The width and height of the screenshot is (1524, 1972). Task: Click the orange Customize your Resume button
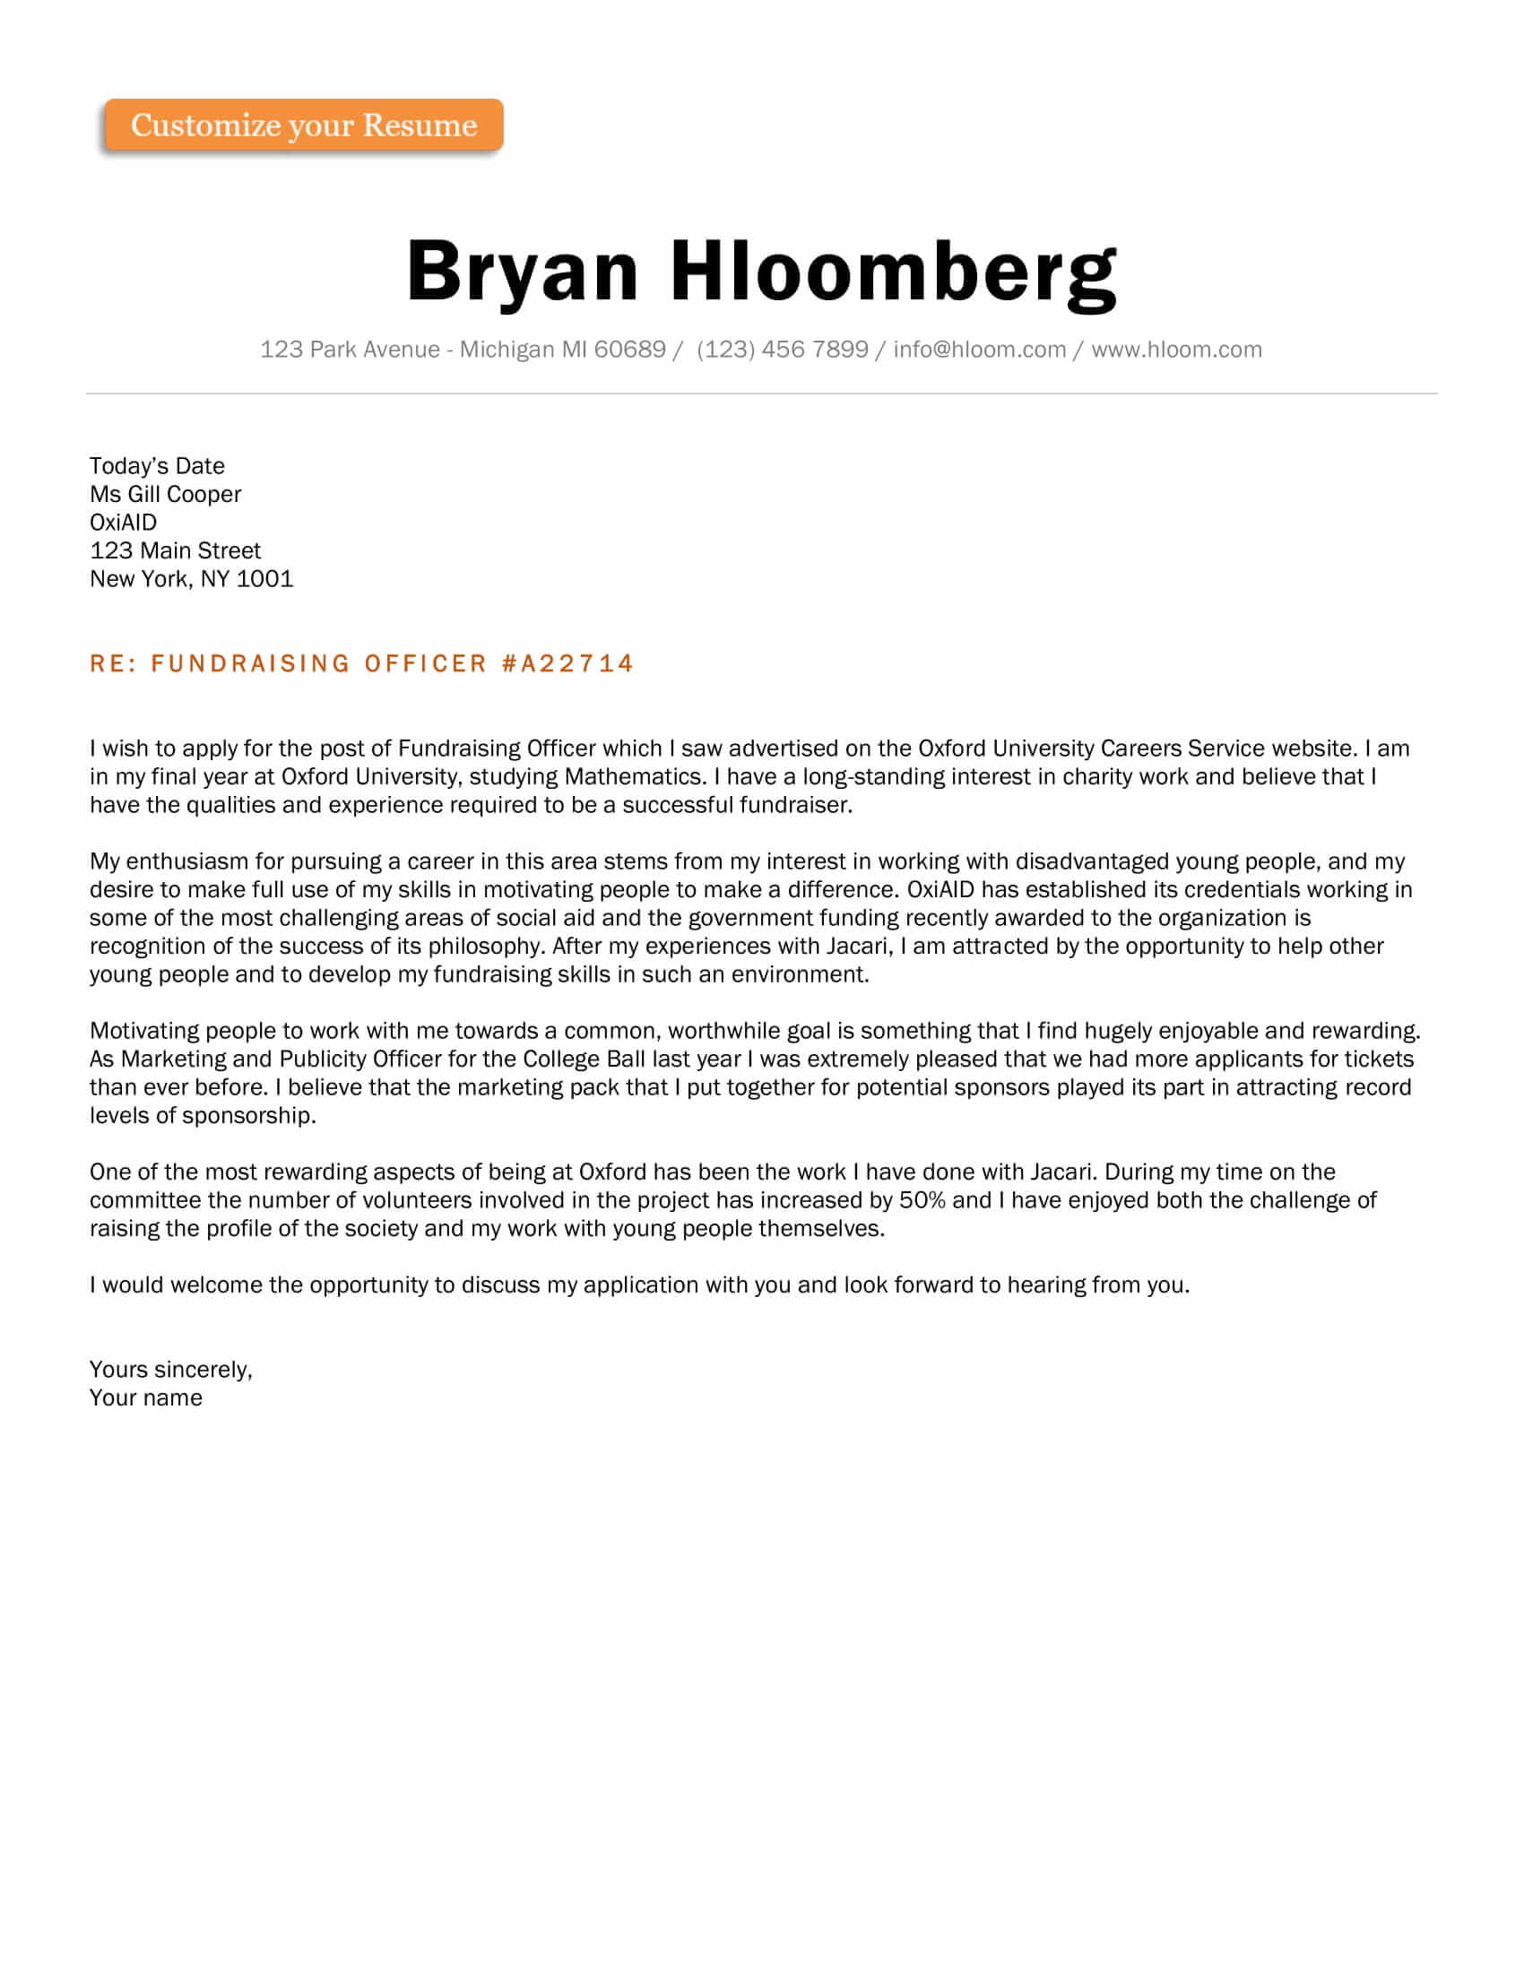coord(303,125)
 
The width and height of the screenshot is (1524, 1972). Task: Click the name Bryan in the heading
coord(523,272)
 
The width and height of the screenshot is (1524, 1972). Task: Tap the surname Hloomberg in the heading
coord(893,272)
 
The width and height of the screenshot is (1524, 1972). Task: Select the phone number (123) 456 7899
coord(782,350)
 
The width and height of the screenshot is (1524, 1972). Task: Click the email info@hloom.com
coord(980,350)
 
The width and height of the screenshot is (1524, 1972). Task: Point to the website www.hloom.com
coord(1176,350)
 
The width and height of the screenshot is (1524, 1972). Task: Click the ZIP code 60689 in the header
coord(630,350)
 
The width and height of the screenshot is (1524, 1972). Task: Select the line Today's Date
coord(157,466)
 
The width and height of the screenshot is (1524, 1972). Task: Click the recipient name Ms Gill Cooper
coord(165,494)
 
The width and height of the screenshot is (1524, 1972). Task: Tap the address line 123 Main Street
coord(175,550)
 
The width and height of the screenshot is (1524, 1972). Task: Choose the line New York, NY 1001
coord(192,579)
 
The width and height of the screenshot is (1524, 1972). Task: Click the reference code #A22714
coord(567,663)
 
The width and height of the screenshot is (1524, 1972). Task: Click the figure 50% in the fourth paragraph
coord(922,1200)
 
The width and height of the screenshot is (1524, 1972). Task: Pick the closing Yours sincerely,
coord(170,1370)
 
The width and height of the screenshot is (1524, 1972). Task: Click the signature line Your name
coord(145,1397)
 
